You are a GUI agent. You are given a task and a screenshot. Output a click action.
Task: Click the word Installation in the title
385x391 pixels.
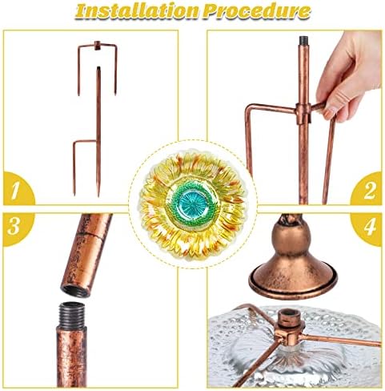(x=137, y=11)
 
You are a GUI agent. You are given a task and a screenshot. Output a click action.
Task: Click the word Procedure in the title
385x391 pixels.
(x=256, y=11)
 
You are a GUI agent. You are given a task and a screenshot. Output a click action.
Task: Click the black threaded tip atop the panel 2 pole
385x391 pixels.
(x=303, y=40)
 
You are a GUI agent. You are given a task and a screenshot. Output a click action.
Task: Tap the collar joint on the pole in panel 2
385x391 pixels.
(x=303, y=113)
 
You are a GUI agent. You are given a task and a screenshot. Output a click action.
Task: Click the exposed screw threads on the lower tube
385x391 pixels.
(x=71, y=315)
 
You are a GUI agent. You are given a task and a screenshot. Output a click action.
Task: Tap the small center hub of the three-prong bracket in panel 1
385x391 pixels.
(x=97, y=45)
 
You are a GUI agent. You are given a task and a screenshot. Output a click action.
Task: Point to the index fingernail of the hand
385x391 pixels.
(x=330, y=113)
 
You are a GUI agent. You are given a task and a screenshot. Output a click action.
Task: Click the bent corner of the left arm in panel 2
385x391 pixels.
(x=249, y=108)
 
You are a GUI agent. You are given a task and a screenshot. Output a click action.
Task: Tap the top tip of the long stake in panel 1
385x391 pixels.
(x=98, y=67)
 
